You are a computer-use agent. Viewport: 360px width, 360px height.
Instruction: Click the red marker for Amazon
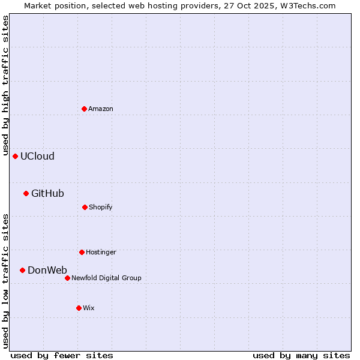pyautogui.click(x=84, y=109)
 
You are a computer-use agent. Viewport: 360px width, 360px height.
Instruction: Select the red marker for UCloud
pyautogui.click(x=15, y=156)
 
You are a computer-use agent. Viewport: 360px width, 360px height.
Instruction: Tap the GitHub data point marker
pyautogui.click(x=26, y=193)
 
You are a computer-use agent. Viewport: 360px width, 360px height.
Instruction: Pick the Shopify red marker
pyautogui.click(x=85, y=207)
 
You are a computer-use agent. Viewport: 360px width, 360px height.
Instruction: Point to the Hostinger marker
pyautogui.click(x=82, y=252)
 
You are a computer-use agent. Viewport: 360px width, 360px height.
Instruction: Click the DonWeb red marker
pyautogui.click(x=22, y=270)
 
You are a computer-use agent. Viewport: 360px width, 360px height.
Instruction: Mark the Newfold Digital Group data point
pyautogui.click(x=67, y=278)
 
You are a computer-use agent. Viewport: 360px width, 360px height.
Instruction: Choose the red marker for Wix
pyautogui.click(x=79, y=308)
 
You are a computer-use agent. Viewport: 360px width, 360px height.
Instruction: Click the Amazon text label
pyautogui.click(x=101, y=109)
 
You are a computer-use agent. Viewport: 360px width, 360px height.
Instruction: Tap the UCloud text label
pyautogui.click(x=37, y=156)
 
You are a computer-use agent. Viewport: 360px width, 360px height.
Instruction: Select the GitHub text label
pyautogui.click(x=47, y=193)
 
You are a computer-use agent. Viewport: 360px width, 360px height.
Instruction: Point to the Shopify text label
pyautogui.click(x=101, y=207)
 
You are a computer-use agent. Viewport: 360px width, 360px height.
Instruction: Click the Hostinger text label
pyautogui.click(x=101, y=252)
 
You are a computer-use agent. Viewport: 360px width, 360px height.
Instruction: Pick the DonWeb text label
pyautogui.click(x=47, y=270)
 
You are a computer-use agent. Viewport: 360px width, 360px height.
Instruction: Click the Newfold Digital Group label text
pyautogui.click(x=106, y=278)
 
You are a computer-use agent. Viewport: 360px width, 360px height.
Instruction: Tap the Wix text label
pyautogui.click(x=89, y=308)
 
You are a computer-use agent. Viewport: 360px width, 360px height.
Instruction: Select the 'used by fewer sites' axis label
pyautogui.click(x=62, y=355)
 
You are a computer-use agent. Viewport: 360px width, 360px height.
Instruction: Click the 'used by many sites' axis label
pyautogui.click(x=301, y=355)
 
